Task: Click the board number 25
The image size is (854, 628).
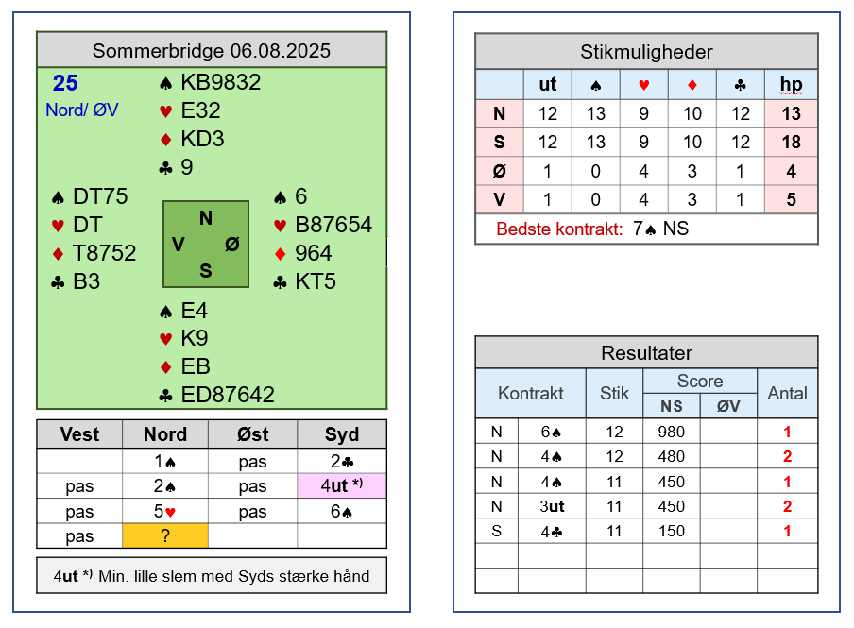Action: click(x=65, y=83)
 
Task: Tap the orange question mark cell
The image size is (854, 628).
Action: click(x=165, y=536)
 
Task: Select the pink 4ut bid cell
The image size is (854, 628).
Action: click(x=342, y=485)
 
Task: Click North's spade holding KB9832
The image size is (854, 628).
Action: click(x=220, y=82)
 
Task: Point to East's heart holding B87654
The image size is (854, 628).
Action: click(x=333, y=225)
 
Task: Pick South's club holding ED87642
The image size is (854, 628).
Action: click(x=228, y=395)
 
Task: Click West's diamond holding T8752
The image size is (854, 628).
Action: click(x=104, y=253)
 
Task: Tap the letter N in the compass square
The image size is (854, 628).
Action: click(x=206, y=218)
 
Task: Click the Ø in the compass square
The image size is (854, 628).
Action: click(x=232, y=245)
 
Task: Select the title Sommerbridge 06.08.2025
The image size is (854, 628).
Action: click(x=212, y=51)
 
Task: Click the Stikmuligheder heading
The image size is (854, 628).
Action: click(x=646, y=52)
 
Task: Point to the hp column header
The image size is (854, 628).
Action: click(x=791, y=84)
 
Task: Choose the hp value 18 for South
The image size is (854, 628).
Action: click(x=791, y=143)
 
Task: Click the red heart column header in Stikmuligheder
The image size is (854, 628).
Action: click(x=643, y=85)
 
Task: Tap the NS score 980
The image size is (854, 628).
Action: click(x=671, y=432)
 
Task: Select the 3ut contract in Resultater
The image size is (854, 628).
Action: click(x=552, y=506)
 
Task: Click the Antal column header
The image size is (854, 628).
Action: click(x=787, y=393)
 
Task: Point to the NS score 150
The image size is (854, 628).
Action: click(x=671, y=531)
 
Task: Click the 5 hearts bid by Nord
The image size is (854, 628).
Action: click(x=164, y=512)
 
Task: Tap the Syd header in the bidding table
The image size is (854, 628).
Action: click(x=341, y=434)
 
